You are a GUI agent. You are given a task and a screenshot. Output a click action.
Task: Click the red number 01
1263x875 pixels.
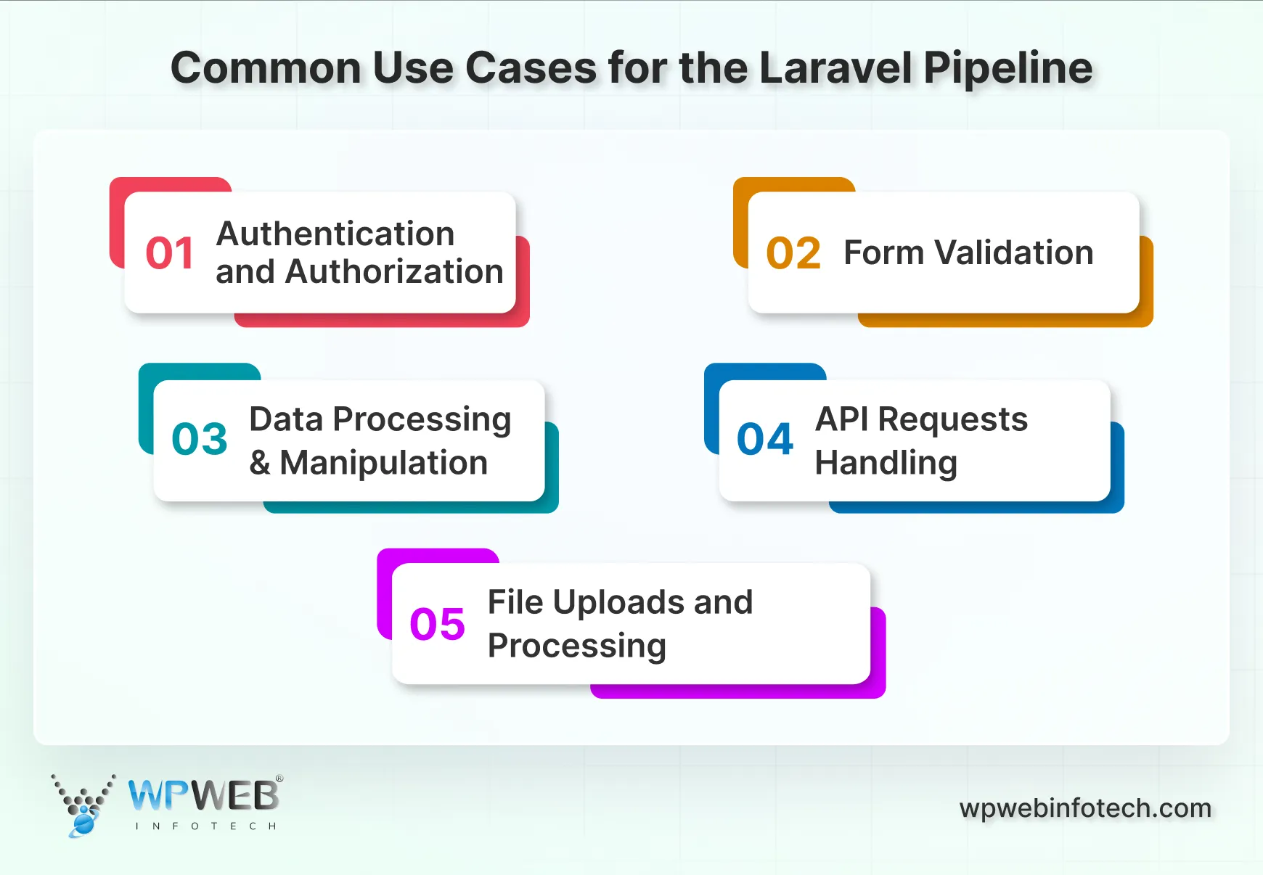[x=170, y=253]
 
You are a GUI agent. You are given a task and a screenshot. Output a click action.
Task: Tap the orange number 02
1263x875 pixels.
[x=793, y=253]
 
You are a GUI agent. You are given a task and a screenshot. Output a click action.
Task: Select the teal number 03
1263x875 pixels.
[x=200, y=439]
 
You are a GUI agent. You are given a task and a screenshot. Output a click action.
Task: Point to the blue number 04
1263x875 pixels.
[x=765, y=439]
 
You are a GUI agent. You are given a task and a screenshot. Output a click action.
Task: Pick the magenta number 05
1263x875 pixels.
[x=437, y=624]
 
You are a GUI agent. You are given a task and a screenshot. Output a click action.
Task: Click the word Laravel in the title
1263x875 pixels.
[x=836, y=68]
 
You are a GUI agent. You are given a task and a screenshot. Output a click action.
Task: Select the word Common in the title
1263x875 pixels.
[x=266, y=68]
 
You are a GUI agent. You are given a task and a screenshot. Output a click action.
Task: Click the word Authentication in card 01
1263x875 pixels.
[x=335, y=234]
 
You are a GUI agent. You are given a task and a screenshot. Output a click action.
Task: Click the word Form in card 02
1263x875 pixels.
[x=883, y=252]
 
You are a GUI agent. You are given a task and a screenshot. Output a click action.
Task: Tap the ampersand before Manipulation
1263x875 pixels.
[x=259, y=463]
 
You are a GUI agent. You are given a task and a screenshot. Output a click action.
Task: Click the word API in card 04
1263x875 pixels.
[x=841, y=419]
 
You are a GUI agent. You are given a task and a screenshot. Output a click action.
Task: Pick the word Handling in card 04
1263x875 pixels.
[x=886, y=463]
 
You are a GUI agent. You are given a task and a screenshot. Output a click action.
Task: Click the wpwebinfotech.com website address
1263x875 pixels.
[x=1085, y=808]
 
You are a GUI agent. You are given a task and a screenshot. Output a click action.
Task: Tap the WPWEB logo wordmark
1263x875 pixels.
[x=204, y=796]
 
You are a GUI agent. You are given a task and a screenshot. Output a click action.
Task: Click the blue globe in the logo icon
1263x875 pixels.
[x=83, y=824]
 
